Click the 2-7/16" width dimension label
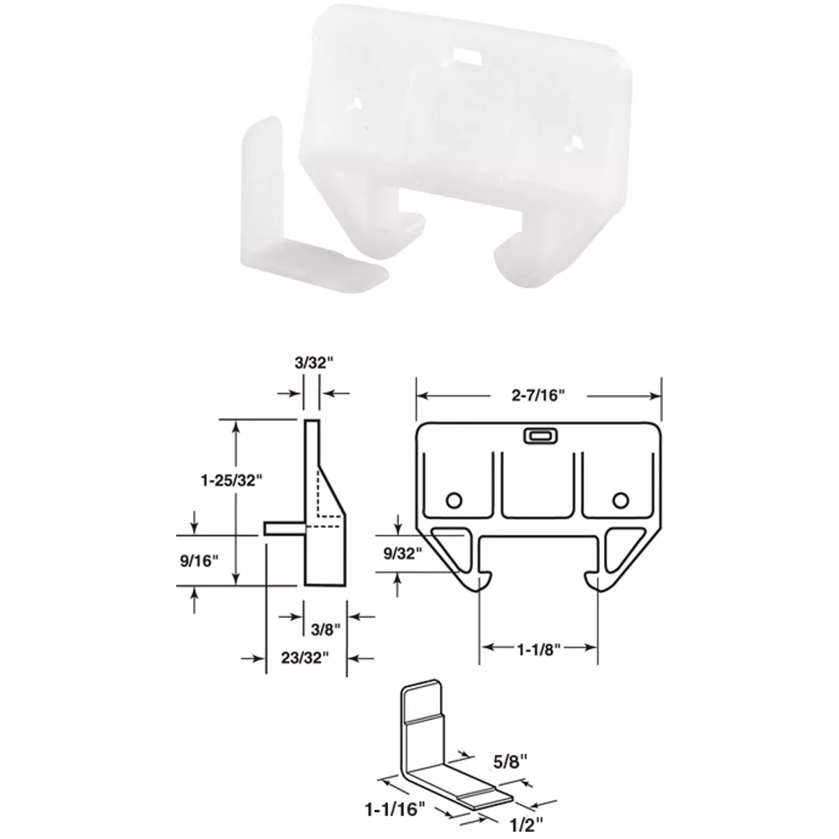pos(537,395)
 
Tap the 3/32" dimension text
pos(311,364)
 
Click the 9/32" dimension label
pos(404,554)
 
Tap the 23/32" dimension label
pos(307,658)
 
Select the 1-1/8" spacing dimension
pos(538,648)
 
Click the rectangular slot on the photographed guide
pos(463,53)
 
